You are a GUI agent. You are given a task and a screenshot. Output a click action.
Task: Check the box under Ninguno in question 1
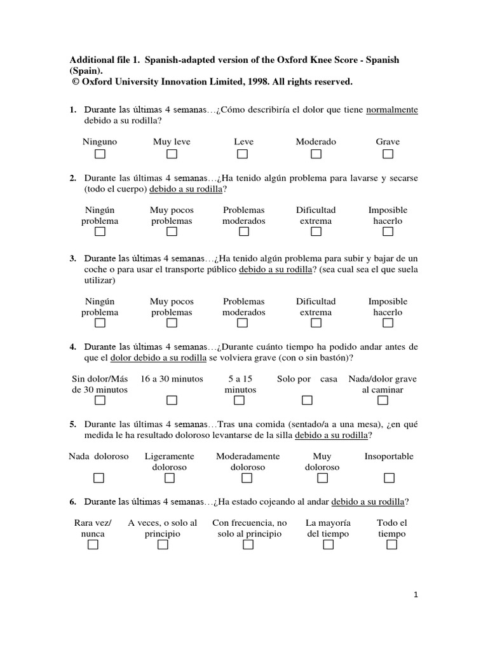point(100,154)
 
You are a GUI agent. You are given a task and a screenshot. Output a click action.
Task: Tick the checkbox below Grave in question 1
point(388,154)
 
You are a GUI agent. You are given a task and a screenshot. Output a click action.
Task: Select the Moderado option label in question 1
point(316,142)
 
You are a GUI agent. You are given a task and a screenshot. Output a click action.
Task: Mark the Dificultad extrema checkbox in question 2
point(316,232)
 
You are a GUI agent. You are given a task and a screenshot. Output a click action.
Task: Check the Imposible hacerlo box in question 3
point(388,323)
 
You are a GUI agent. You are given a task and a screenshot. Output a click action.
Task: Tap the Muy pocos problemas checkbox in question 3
point(172,323)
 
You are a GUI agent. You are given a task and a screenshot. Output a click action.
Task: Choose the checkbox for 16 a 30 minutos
point(172,401)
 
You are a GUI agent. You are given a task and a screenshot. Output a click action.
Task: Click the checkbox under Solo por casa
point(307,401)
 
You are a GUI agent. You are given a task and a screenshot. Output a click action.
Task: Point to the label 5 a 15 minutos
point(240,384)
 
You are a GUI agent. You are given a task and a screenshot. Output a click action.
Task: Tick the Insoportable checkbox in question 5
point(389,478)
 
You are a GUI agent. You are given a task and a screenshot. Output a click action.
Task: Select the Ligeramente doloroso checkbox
point(170,478)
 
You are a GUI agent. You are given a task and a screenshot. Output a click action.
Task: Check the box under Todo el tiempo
point(391,545)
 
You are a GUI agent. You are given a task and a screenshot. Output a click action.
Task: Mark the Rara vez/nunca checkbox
point(93,545)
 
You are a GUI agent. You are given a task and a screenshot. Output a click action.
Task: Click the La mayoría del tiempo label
point(328,528)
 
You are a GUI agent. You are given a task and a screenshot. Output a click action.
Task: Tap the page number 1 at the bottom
point(416,595)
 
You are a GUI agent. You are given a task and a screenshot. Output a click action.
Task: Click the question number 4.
point(73,346)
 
